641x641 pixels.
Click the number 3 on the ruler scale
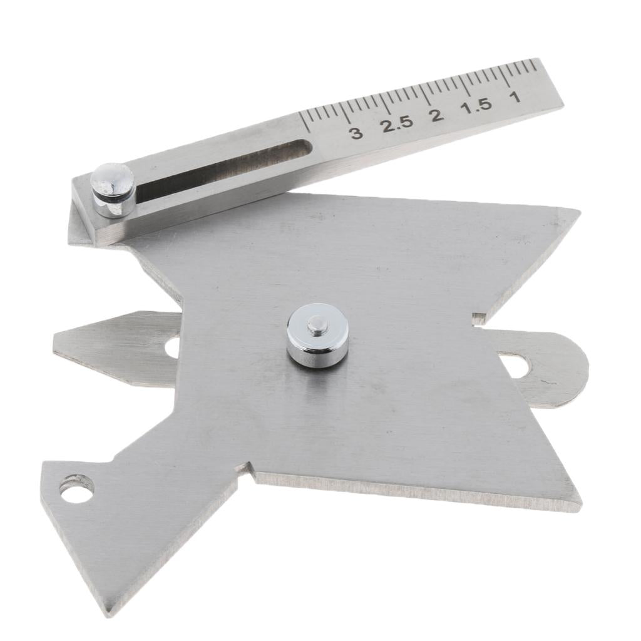coord(356,133)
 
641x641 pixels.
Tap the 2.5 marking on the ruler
coord(398,123)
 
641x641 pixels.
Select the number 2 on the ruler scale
coord(436,115)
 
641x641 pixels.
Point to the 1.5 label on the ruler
coord(476,105)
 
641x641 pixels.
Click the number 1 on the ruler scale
coord(515,96)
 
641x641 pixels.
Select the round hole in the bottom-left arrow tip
coord(77,488)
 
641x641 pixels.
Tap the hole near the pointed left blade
coord(172,347)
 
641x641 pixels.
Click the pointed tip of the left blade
coord(55,342)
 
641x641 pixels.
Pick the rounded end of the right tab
coord(585,369)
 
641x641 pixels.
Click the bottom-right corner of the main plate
coord(579,506)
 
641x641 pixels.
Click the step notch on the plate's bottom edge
coord(246,469)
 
